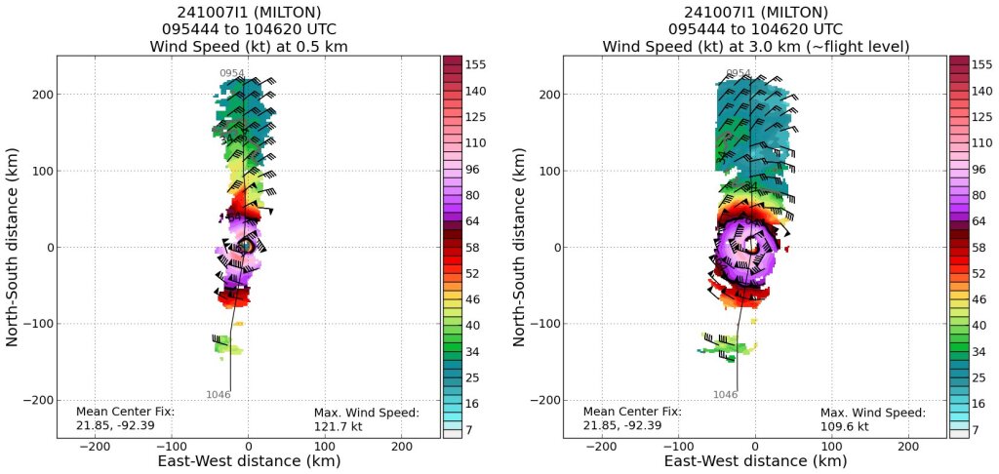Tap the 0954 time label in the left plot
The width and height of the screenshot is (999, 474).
pos(232,73)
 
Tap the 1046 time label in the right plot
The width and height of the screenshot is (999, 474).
pos(726,394)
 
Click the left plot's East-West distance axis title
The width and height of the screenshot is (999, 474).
pos(248,461)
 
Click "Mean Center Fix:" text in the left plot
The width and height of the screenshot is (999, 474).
pos(125,412)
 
